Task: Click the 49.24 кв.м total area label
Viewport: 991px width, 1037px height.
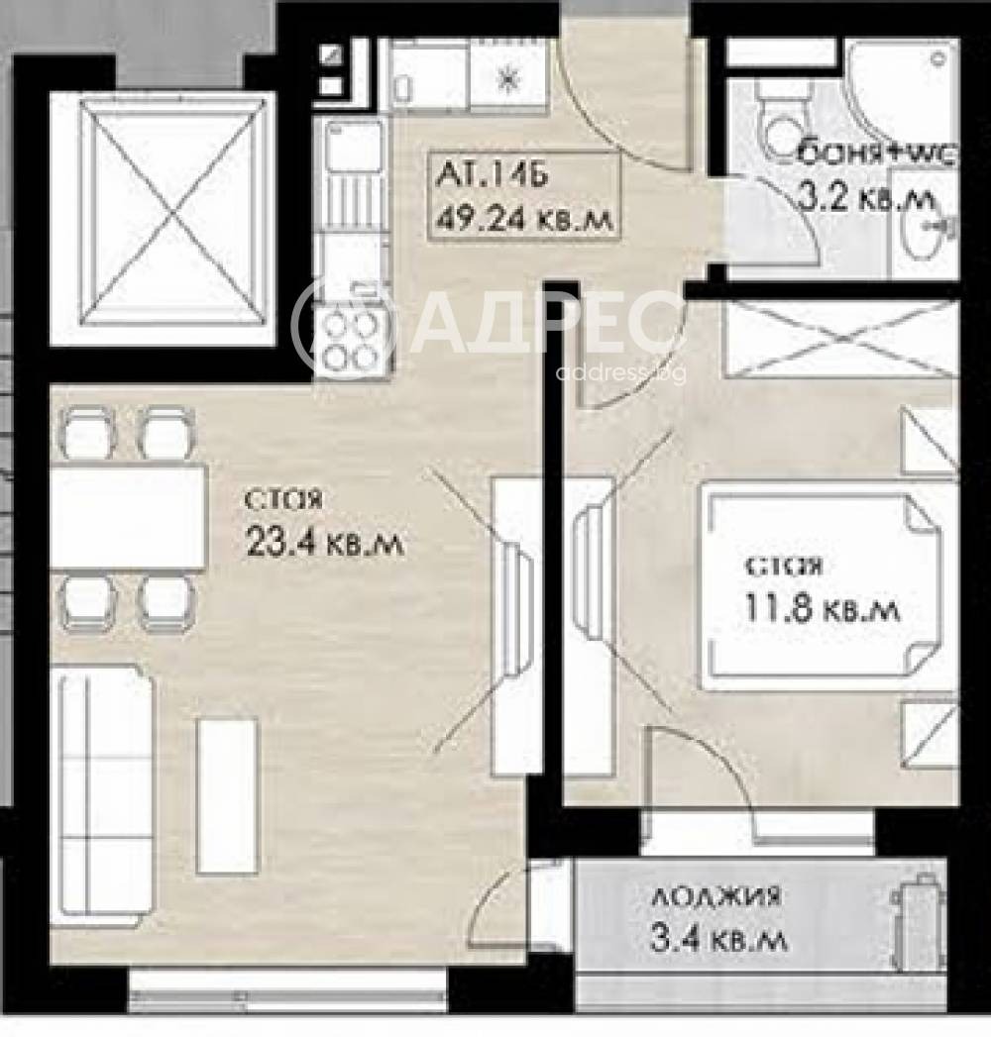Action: pyautogui.click(x=522, y=216)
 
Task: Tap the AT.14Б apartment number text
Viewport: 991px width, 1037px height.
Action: pyautogui.click(x=490, y=179)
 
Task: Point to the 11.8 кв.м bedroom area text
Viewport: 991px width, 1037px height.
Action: pyautogui.click(x=822, y=608)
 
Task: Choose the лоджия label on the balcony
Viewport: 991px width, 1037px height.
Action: pyautogui.click(x=716, y=898)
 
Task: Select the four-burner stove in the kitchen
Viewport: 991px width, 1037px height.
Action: pyautogui.click(x=351, y=340)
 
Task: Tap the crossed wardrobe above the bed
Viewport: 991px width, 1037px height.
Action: pyautogui.click(x=840, y=340)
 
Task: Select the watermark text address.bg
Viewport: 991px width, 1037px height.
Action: pyautogui.click(x=620, y=373)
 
